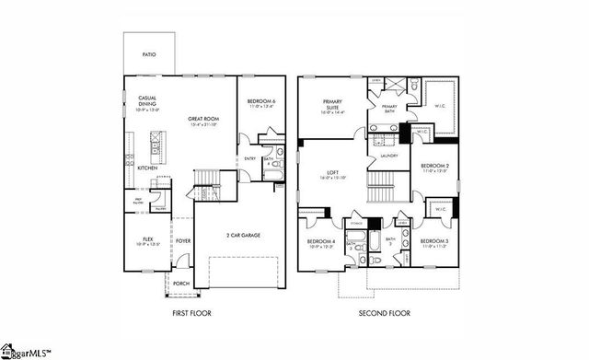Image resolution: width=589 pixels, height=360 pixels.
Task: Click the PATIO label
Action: coord(148,55)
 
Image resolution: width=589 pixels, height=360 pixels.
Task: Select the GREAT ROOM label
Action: coord(202,118)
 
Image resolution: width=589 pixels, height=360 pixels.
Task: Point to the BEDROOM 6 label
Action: coord(262,103)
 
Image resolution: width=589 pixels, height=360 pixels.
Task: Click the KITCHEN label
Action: coord(147,168)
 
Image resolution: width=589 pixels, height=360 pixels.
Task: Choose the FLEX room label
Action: coord(147,240)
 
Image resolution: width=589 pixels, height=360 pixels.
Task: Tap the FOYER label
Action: coord(183,241)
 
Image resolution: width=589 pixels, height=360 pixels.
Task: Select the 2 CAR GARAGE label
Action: coord(242,236)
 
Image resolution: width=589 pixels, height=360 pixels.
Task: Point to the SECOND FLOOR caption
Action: coord(384,313)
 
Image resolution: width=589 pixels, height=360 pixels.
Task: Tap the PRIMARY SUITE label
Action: coord(332,105)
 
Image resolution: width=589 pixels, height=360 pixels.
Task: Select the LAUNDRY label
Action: coord(387,157)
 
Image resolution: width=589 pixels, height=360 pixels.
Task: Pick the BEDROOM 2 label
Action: coord(433,168)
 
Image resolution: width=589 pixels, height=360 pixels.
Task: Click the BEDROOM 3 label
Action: coord(433,241)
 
